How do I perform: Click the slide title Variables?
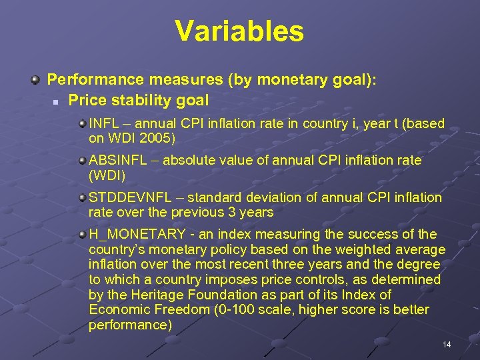point(239,31)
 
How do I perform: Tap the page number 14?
point(447,344)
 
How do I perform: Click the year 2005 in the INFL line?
point(158,139)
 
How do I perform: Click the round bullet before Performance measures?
point(34,80)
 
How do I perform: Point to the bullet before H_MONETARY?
point(81,235)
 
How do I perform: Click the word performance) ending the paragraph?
point(130,325)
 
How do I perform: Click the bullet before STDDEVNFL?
point(81,198)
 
